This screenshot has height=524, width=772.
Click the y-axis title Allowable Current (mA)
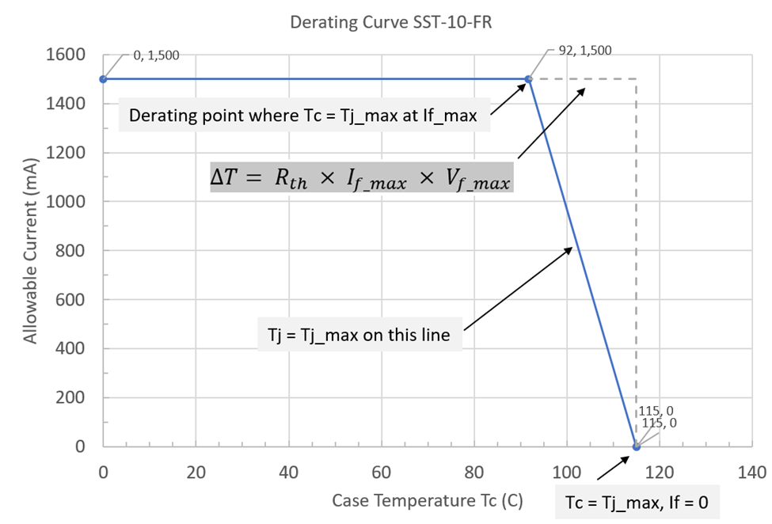click(x=30, y=251)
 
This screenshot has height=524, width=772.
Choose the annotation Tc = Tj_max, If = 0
click(x=637, y=503)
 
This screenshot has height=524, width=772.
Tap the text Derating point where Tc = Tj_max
click(x=302, y=116)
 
